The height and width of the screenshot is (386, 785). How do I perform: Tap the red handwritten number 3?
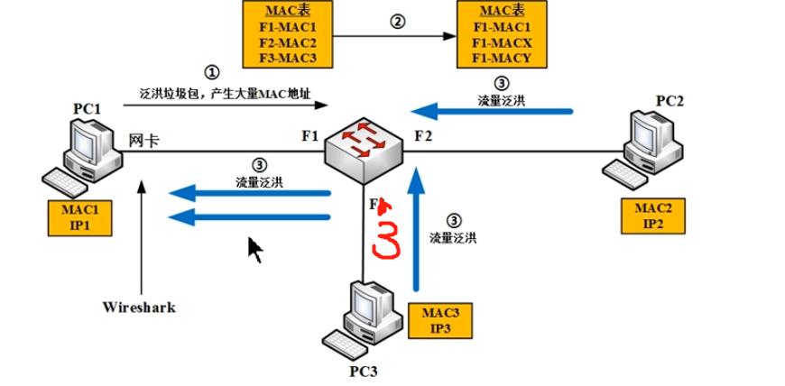[387, 234]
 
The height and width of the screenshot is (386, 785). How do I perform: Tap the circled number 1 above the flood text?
[213, 71]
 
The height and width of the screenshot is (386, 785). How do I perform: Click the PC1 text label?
[88, 108]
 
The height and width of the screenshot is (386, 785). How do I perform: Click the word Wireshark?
[138, 308]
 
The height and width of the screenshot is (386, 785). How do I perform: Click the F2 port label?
[424, 136]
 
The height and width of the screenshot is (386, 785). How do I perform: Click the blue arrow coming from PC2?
[493, 112]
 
